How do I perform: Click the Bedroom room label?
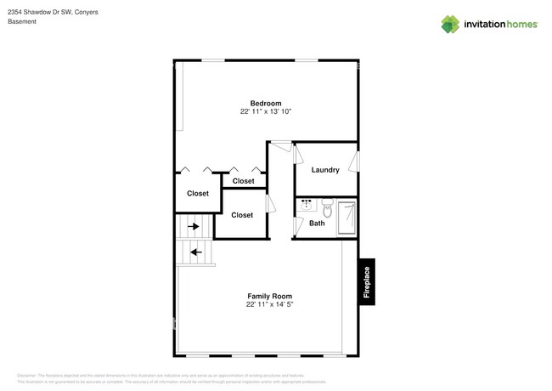coord(265,103)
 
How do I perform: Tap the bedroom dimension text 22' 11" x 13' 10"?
coord(265,112)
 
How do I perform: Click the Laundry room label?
coord(325,170)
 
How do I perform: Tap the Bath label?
coord(317,224)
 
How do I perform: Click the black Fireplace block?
coord(366,281)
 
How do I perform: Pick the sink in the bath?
coord(307,205)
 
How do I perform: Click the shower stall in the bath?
coord(346,217)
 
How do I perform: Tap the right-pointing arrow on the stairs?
coord(194,227)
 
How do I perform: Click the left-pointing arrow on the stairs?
coord(195,252)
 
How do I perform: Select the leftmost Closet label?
coord(198,194)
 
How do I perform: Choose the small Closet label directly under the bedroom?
coord(243,181)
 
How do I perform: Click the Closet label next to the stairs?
coord(242,215)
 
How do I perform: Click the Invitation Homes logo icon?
coord(450,24)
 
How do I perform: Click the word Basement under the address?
coord(23,22)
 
